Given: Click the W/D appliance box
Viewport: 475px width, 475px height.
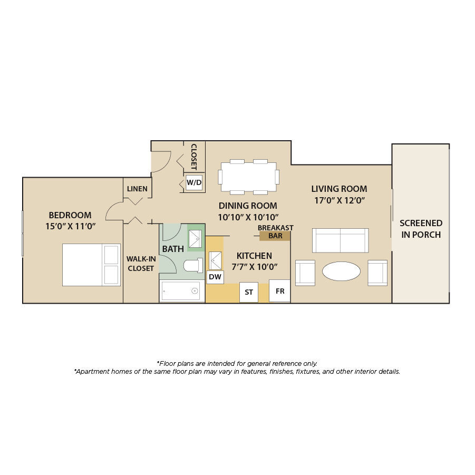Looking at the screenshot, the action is coord(194,182).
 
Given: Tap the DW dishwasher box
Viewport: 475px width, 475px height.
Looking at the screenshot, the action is coord(215,277).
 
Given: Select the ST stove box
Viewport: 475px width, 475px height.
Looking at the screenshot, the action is coord(249,293).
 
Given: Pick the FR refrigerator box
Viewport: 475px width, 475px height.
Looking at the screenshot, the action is coord(279,291).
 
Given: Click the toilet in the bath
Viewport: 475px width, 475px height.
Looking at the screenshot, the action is coord(193,266).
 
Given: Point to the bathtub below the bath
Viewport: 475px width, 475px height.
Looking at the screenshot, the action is coord(182,291).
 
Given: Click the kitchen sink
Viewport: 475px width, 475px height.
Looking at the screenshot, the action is coord(215,260).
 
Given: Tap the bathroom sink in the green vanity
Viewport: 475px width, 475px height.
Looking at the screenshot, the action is coord(196,239).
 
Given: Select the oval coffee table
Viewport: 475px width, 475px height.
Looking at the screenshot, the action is coord(341,271).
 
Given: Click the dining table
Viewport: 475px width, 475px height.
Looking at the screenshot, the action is coord(249,177).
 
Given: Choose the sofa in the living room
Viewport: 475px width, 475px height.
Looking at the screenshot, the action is coord(341,240).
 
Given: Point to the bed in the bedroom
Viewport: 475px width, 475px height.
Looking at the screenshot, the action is coord(92,265).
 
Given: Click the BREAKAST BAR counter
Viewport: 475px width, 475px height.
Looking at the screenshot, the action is coord(275,236).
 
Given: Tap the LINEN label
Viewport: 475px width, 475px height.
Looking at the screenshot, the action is coord(137,189).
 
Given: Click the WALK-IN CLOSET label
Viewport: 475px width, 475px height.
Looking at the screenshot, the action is coord(141,264).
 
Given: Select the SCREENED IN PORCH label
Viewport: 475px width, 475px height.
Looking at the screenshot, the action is coord(421,229).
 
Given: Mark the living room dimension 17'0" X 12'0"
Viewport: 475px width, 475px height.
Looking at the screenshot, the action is coord(340,200).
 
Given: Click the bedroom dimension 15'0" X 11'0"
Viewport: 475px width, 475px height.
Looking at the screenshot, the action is coord(71,226).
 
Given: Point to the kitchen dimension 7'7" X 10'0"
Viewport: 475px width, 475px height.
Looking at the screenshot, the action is coord(255,267).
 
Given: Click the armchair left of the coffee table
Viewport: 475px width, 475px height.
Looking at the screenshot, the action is coord(305,273).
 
